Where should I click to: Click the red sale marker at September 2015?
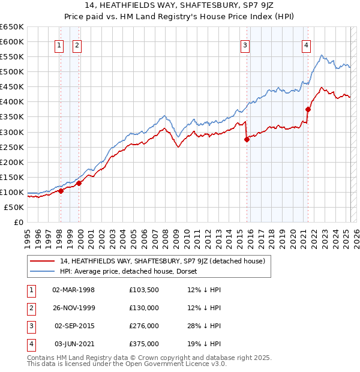247,139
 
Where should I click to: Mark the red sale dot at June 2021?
308,109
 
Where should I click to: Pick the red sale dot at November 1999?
79,183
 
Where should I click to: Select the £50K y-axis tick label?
14,207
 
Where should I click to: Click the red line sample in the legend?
42,262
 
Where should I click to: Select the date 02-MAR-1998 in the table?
74,290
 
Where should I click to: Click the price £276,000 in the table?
144,326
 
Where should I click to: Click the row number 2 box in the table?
31,308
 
